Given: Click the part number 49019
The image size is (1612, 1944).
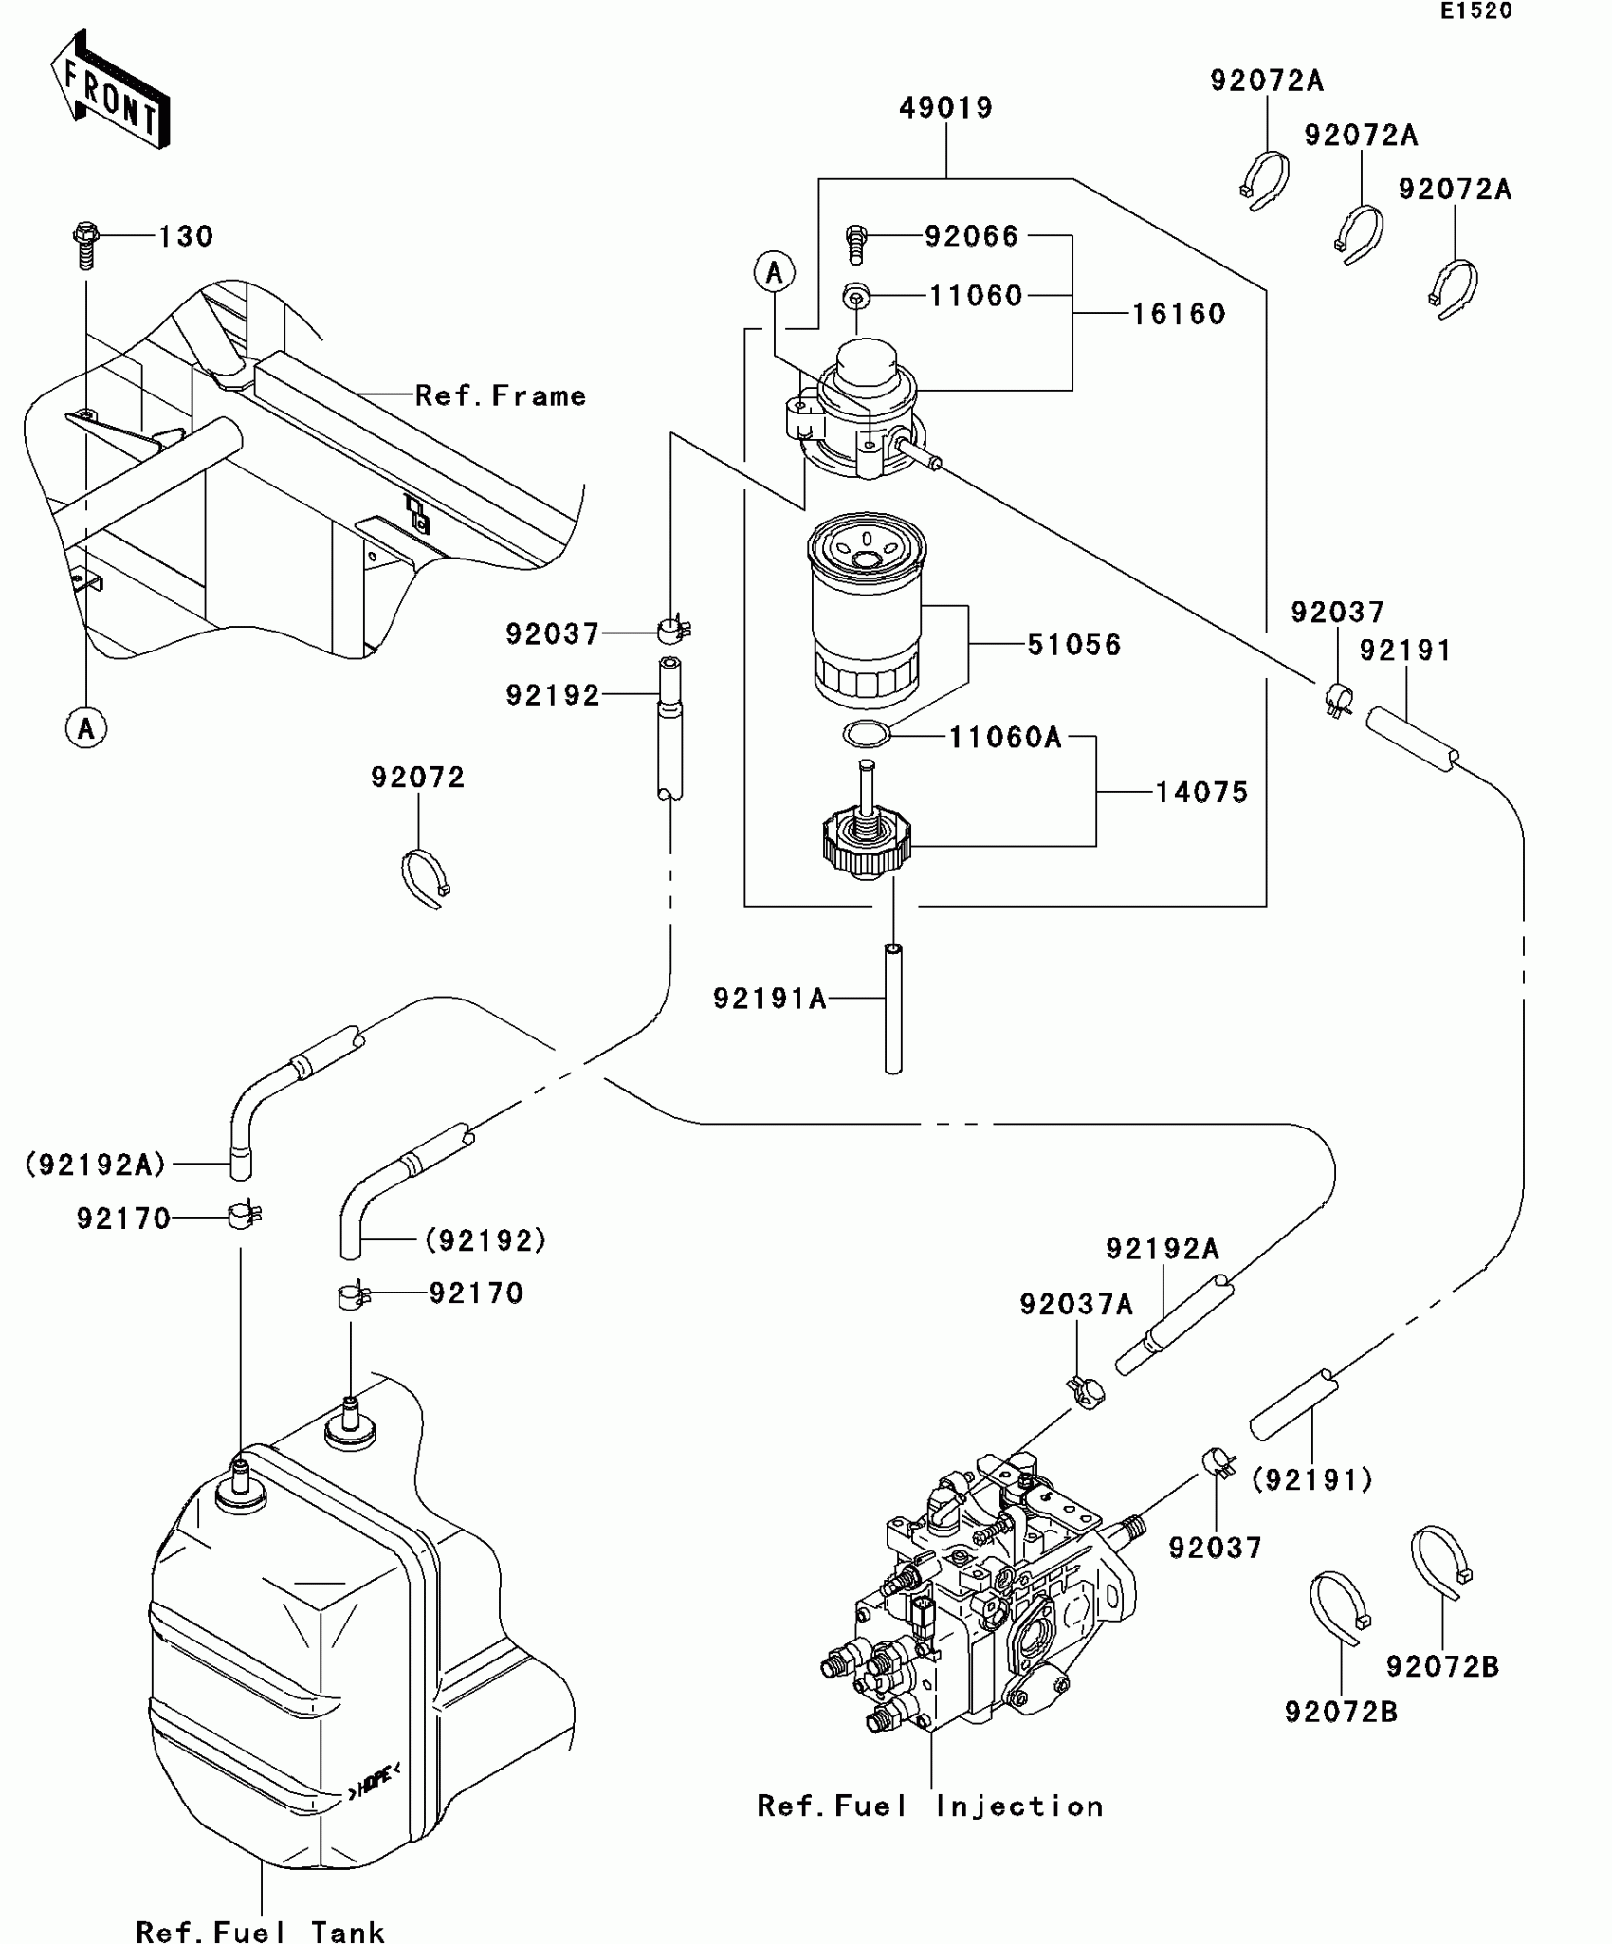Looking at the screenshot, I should [x=945, y=108].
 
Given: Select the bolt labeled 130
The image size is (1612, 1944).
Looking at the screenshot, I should [x=85, y=245].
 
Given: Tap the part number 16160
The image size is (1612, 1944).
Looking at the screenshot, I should [x=1179, y=314].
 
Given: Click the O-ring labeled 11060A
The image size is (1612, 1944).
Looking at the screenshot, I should [x=867, y=734].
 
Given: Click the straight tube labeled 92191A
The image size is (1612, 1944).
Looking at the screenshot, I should [x=892, y=1009].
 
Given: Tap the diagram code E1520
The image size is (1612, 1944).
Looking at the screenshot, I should [x=1476, y=11].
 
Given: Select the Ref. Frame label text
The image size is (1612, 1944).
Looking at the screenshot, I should [x=501, y=395].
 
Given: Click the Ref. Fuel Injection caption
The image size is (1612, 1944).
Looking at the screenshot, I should [x=930, y=1806].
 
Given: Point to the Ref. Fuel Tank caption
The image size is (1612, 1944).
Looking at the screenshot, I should [x=260, y=1932].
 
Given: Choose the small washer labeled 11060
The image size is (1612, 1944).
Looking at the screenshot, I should [x=856, y=297].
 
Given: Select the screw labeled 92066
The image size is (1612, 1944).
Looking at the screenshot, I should [x=855, y=244].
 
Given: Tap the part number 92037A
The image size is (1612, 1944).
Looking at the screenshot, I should [x=1075, y=1306].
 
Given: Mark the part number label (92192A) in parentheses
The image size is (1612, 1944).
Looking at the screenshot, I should [x=96, y=1165].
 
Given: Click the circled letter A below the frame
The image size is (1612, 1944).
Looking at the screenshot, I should [x=86, y=728].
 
